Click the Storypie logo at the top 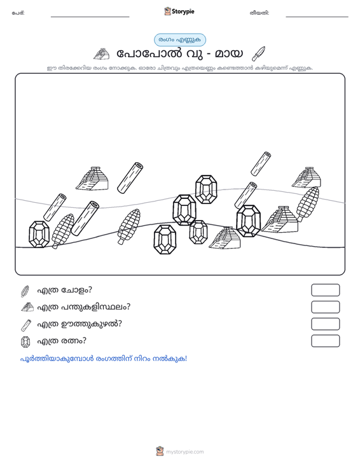click(x=179, y=11)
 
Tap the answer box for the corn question click(x=325, y=290)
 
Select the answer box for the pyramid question click(x=325, y=307)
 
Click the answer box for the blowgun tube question click(x=325, y=324)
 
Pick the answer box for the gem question click(x=325, y=341)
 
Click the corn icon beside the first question click(x=25, y=291)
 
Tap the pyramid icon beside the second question click(x=27, y=307)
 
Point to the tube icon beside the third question click(x=26, y=325)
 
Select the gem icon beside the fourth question click(x=25, y=342)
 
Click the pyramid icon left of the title click(x=101, y=54)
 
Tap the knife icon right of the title click(x=258, y=53)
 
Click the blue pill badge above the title click(x=180, y=40)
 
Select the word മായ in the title click(x=228, y=54)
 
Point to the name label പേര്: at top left click(x=18, y=13)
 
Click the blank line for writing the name click(x=90, y=17)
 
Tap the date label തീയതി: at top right click(x=260, y=13)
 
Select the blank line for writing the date click(x=317, y=17)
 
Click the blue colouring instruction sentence click(x=104, y=359)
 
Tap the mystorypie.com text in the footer click(x=185, y=452)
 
